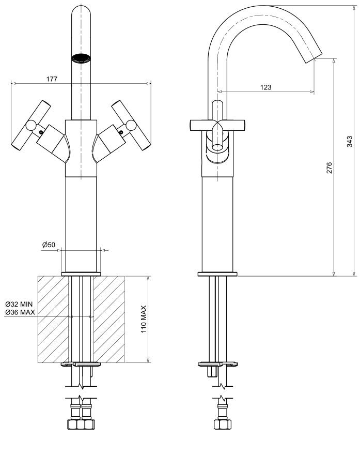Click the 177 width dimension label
(x=52, y=79)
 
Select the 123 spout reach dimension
(x=266, y=87)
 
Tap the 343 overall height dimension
(x=350, y=141)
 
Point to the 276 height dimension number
(x=330, y=168)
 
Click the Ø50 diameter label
(x=49, y=245)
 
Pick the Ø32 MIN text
(x=19, y=305)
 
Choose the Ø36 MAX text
(x=20, y=312)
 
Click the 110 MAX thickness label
(x=144, y=319)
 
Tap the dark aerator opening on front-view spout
(x=81, y=57)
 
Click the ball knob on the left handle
(x=31, y=126)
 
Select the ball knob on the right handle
(x=131, y=126)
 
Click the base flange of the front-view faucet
(x=81, y=274)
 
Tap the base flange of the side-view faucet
(x=217, y=274)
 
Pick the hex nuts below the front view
(x=81, y=424)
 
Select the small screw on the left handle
(x=41, y=132)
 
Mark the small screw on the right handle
(x=121, y=132)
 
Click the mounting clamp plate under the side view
(x=218, y=364)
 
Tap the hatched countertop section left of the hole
(x=53, y=319)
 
